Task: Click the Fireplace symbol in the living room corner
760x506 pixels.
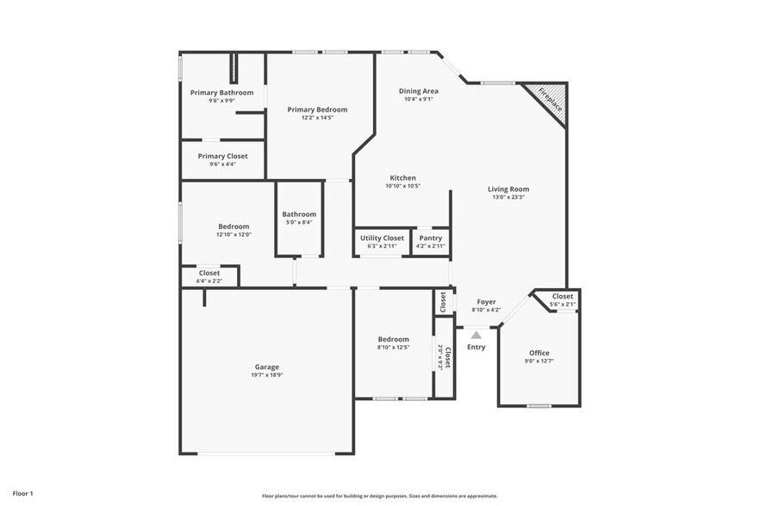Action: pos(551,100)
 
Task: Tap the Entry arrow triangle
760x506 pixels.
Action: pos(477,334)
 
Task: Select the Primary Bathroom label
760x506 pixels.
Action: pos(221,93)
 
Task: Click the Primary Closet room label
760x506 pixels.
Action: pos(222,157)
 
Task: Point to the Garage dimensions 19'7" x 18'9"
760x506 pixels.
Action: pos(266,375)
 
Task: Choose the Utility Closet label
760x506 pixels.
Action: pos(382,238)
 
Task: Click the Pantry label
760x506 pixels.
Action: pos(430,238)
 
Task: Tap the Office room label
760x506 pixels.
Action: pos(539,353)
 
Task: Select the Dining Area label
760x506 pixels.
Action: pos(419,91)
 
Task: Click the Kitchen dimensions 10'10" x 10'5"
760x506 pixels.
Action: pos(402,186)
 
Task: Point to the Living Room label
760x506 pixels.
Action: pos(508,189)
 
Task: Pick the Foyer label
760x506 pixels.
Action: pos(486,302)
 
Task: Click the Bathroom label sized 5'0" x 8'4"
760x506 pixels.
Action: pos(299,214)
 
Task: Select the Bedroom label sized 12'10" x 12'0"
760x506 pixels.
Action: pos(233,226)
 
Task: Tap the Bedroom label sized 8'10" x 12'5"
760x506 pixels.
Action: pos(393,339)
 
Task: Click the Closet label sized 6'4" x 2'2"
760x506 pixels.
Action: pos(209,273)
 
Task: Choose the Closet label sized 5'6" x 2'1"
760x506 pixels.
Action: pos(563,296)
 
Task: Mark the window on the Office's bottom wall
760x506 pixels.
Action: pos(539,405)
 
